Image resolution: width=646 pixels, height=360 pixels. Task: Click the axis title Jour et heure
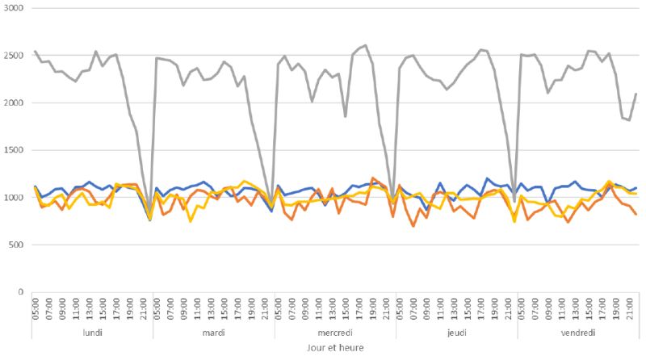334,349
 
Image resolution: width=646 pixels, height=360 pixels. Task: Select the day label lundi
92,333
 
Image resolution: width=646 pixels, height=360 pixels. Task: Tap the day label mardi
213,333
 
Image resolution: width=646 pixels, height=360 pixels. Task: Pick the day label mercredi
334,333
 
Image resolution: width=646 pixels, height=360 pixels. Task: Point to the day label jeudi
455,333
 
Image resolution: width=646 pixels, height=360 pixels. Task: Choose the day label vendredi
577,333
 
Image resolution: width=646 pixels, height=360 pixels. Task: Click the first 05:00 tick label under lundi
35,308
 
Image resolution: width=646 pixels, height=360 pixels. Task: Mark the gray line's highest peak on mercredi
366,45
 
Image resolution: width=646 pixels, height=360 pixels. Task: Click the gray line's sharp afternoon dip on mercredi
345,116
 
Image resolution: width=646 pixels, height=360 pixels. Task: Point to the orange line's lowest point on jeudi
413,226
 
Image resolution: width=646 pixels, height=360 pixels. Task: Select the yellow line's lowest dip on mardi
191,221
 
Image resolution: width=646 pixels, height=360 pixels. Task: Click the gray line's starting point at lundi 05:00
35,51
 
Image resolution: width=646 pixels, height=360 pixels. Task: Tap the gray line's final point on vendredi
636,94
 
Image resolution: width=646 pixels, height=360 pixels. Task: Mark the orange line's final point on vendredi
636,214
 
